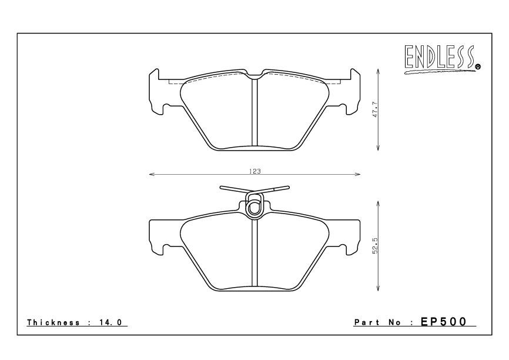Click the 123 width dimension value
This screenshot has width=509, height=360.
pos(254,171)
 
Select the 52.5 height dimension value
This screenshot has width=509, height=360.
pos(374,245)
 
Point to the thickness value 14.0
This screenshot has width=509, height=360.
pos(111,322)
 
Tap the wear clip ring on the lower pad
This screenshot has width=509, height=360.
pos(254,207)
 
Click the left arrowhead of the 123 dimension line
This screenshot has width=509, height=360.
pos(151,175)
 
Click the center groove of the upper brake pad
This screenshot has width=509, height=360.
pos(254,112)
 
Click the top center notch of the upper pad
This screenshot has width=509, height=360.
pos(254,75)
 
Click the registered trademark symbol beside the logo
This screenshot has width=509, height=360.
pos(478,67)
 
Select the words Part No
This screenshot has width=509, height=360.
pos(382,322)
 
